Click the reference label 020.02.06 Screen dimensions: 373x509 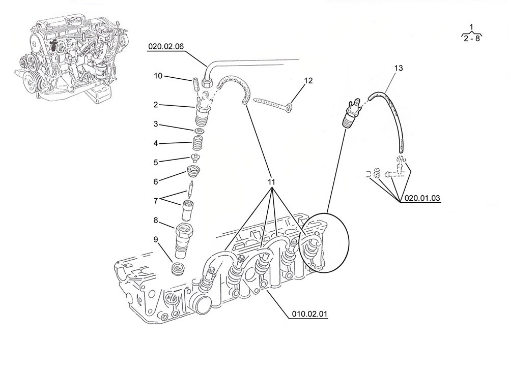pos(166,47)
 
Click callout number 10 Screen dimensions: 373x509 pos(158,76)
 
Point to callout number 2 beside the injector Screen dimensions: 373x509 pos(155,105)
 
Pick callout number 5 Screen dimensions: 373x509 pos(156,162)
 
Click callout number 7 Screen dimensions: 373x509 pos(156,201)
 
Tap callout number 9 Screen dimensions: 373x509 pos(156,239)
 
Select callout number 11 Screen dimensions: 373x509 pos(271,181)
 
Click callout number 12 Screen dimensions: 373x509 pos(308,80)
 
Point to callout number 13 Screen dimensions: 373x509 pos(398,68)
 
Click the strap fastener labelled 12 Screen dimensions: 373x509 pos(273,103)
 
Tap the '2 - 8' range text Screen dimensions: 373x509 pos(472,38)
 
